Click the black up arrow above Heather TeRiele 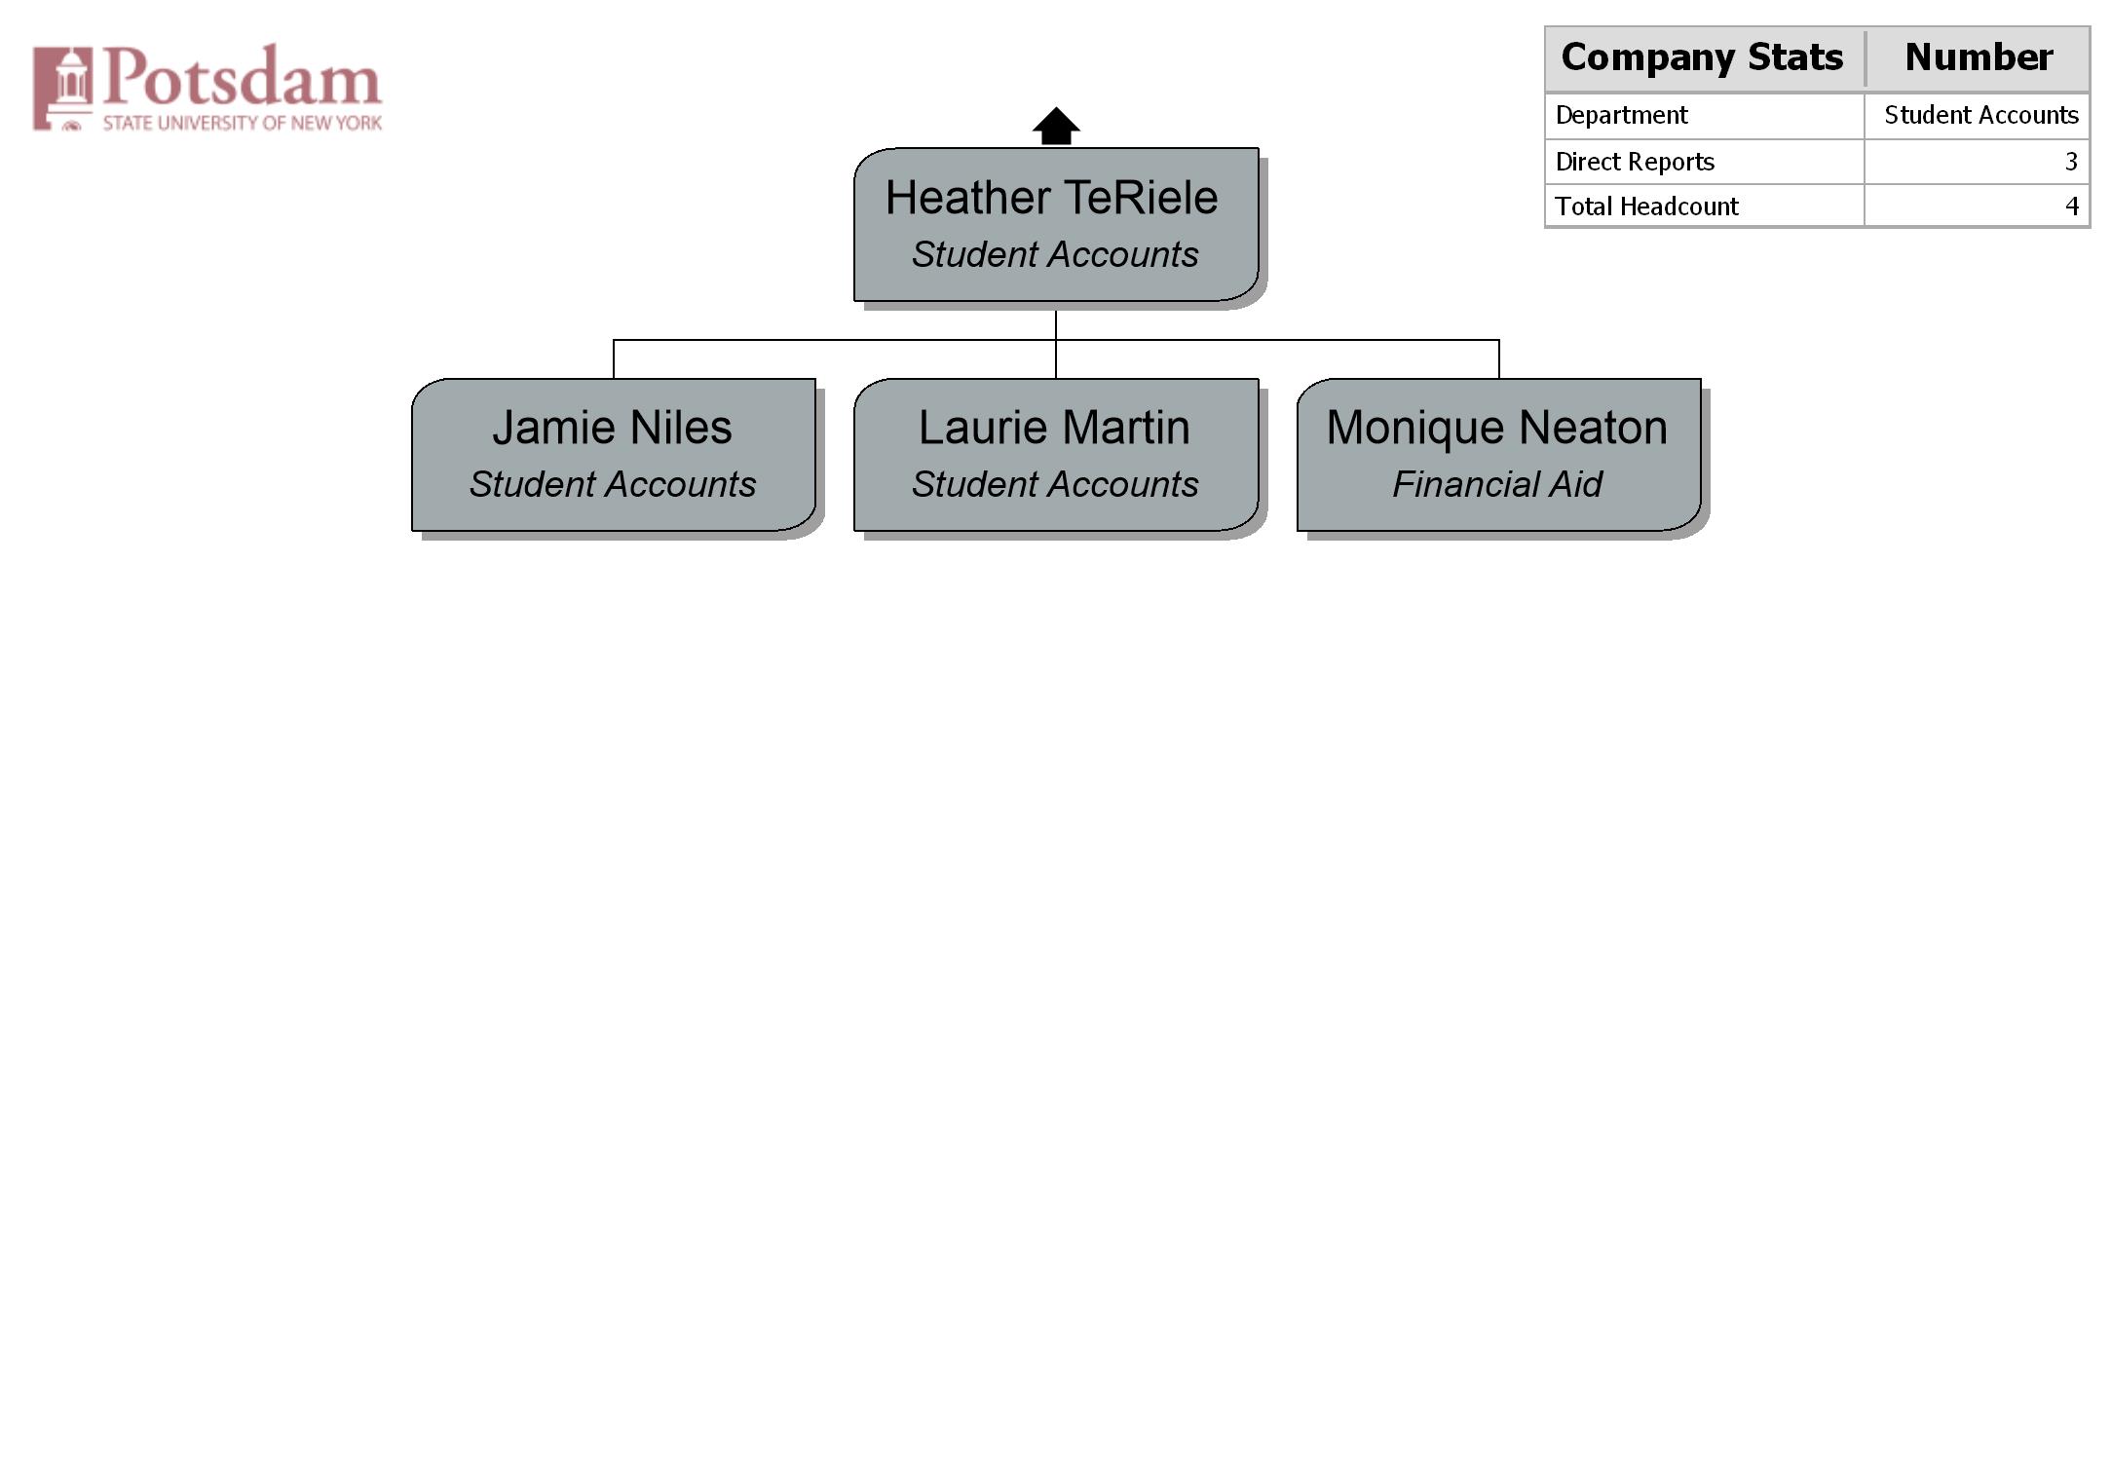(x=1056, y=126)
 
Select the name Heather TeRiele (x=1051, y=198)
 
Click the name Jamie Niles (x=612, y=428)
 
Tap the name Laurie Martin (x=1054, y=428)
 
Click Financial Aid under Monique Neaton (x=1497, y=484)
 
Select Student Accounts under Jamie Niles (x=613, y=484)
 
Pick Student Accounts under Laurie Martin (x=1055, y=484)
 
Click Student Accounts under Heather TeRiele (x=1055, y=254)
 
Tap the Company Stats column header (x=1702, y=57)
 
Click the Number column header (x=1979, y=56)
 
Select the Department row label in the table (x=1621, y=116)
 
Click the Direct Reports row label (x=1635, y=162)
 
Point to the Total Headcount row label (x=1646, y=207)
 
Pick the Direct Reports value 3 (x=2071, y=162)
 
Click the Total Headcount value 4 (x=2072, y=207)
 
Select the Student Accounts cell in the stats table (x=1981, y=115)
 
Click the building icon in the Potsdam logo (x=63, y=88)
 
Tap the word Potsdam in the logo (x=243, y=76)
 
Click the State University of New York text (x=243, y=123)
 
